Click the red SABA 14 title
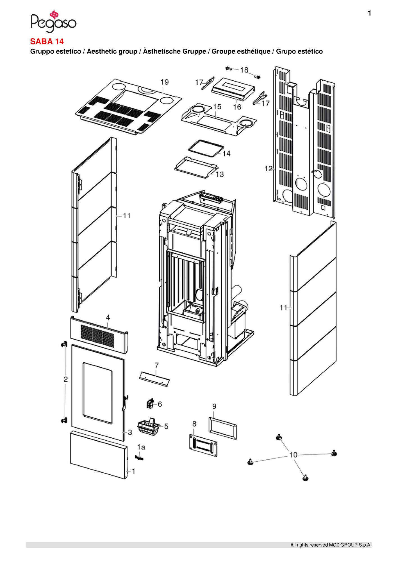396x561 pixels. coord(47,42)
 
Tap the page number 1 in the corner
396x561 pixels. coord(370,13)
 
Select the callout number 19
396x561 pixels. coord(165,82)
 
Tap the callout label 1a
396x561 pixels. coord(141,447)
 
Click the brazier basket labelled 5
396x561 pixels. coord(147,428)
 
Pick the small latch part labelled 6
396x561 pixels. coord(150,404)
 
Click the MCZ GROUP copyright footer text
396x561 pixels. coord(331,545)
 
